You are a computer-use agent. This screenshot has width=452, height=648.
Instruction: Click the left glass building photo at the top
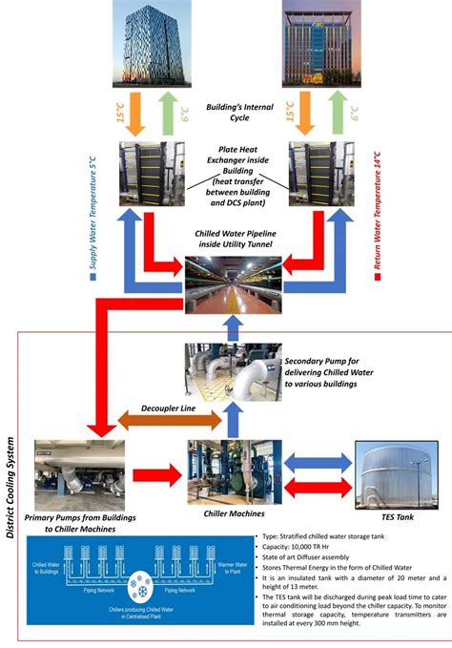[150, 42]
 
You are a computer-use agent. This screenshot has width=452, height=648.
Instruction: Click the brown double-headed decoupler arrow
[162, 422]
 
